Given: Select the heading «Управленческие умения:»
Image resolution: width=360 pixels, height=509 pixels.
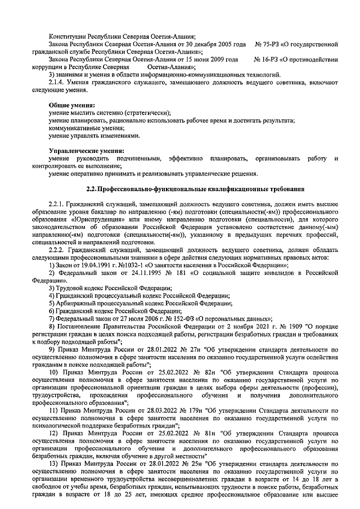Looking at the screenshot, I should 86,151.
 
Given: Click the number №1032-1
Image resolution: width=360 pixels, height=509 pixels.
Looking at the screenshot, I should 128,264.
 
